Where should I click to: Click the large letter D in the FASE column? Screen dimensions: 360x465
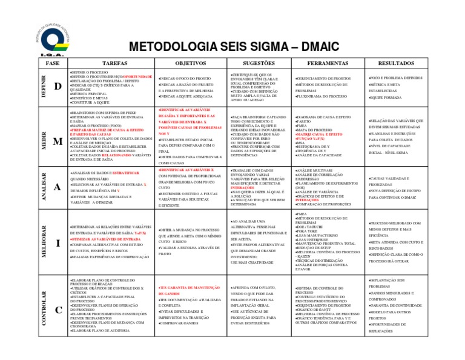58,87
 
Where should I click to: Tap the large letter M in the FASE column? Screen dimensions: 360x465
58,141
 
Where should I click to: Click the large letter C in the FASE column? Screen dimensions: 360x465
58,310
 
